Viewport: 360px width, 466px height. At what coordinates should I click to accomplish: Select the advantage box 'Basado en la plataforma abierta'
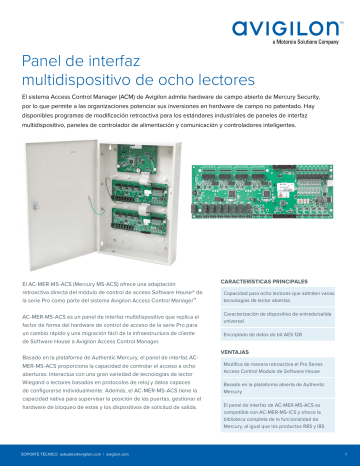click(281, 389)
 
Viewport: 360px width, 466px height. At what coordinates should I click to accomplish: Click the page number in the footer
click(343, 453)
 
